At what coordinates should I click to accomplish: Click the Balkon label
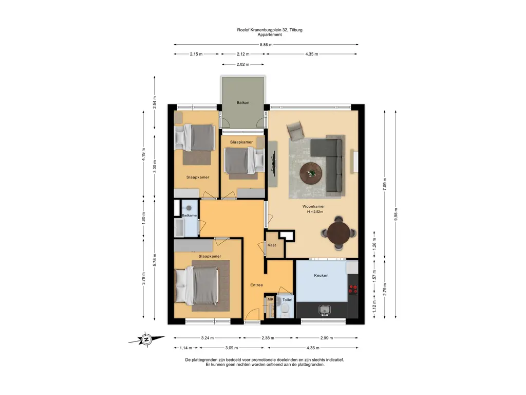[243, 102]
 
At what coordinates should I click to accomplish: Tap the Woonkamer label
[314, 207]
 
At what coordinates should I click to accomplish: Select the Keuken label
[321, 276]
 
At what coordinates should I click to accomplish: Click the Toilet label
[288, 300]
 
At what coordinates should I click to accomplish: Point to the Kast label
[272, 245]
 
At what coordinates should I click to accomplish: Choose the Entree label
[257, 285]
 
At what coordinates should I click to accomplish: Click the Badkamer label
[190, 216]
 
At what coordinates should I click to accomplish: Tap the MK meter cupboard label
[270, 299]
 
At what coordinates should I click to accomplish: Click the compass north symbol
[146, 339]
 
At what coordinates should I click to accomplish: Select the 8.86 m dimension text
[266, 45]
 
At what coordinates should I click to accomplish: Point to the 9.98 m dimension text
[396, 214]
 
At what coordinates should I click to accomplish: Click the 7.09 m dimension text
[385, 184]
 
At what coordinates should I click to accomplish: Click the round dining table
[339, 234]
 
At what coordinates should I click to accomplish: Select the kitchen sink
[325, 310]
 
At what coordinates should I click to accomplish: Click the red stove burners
[353, 290]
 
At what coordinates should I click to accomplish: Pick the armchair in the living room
[295, 131]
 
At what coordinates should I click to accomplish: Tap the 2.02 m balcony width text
[243, 64]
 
